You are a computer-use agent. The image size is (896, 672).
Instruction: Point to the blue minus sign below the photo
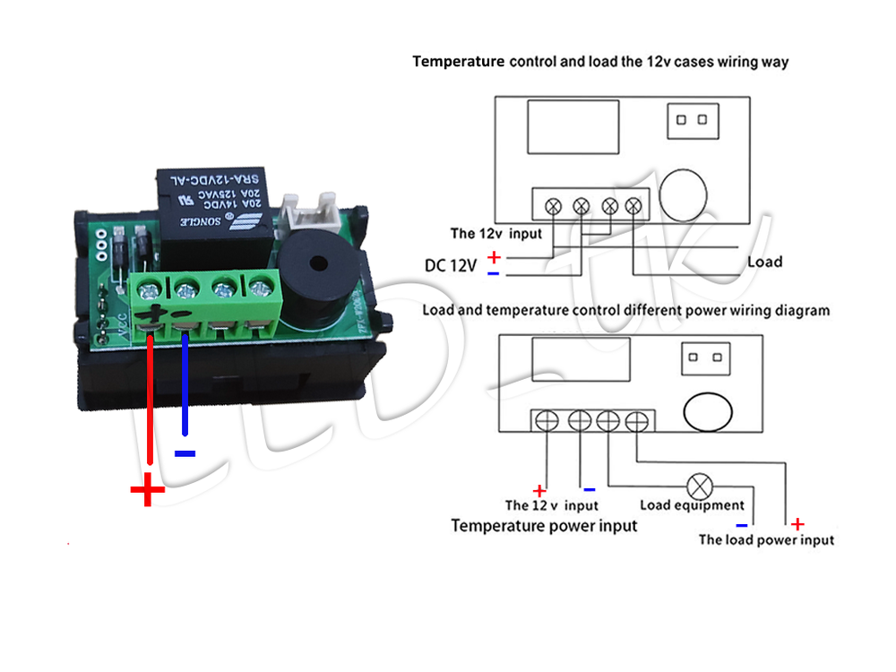tap(185, 454)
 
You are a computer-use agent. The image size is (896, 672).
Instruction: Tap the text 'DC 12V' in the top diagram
tap(452, 266)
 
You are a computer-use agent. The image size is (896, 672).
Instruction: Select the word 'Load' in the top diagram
tap(764, 262)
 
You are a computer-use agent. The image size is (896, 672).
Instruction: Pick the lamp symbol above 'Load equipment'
tap(698, 487)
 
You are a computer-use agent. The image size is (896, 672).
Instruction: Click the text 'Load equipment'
tap(692, 505)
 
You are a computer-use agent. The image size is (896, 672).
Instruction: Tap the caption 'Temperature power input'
tap(544, 525)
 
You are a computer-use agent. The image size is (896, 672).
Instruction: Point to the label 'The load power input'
tap(766, 539)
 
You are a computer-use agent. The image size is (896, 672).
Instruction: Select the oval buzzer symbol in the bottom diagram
tap(709, 411)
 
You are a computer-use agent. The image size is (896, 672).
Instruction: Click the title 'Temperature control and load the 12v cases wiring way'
tap(600, 62)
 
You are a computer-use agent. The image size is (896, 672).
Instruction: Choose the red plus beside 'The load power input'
tap(797, 524)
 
